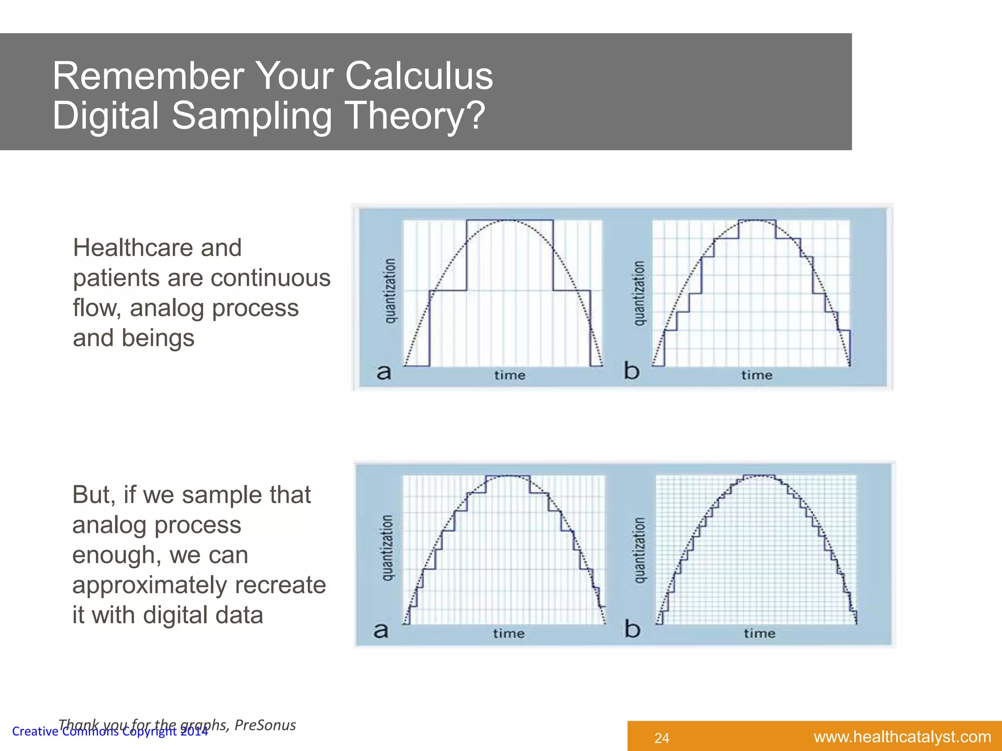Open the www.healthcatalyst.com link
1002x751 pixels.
[902, 737]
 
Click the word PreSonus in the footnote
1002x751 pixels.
[265, 725]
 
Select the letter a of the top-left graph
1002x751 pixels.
[384, 373]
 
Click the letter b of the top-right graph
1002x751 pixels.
[632, 371]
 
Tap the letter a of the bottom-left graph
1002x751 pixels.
[381, 630]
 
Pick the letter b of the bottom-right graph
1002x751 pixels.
[632, 629]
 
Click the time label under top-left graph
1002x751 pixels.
[509, 375]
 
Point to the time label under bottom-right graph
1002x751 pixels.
[759, 634]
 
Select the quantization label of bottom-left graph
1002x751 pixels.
[387, 548]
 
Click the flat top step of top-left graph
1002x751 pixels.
[509, 221]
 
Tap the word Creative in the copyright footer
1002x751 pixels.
[35, 732]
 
